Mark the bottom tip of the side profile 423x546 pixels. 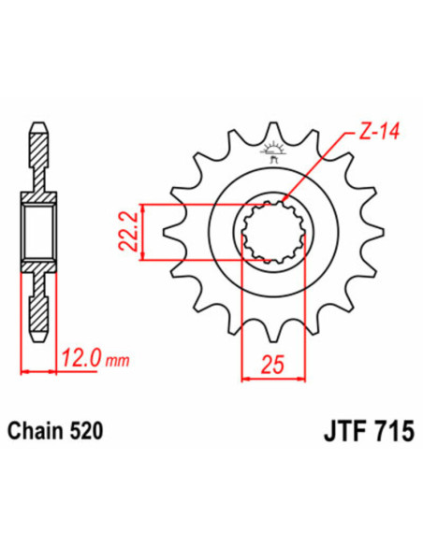[38, 338]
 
